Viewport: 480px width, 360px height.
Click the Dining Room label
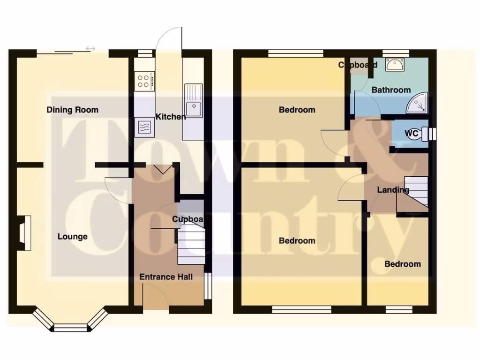pyautogui.click(x=73, y=110)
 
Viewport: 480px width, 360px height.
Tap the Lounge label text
pyautogui.click(x=73, y=237)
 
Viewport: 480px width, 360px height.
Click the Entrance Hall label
pyautogui.click(x=166, y=277)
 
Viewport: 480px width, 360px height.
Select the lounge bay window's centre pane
pyautogui.click(x=71, y=327)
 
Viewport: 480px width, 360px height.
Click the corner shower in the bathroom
pyautogui.click(x=418, y=104)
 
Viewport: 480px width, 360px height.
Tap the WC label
pyautogui.click(x=412, y=134)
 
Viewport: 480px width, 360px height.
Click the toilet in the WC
pyautogui.click(x=427, y=134)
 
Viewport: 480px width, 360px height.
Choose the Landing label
pyautogui.click(x=393, y=190)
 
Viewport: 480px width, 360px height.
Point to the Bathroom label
pyautogui.click(x=391, y=90)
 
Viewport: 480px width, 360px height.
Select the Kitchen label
pyautogui.click(x=171, y=116)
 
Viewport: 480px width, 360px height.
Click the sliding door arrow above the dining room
pyautogui.click(x=90, y=48)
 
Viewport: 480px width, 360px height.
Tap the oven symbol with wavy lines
pyautogui.click(x=144, y=127)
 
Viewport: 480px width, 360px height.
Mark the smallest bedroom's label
pyautogui.click(x=402, y=264)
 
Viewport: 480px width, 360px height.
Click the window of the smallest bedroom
pyautogui.click(x=399, y=309)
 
